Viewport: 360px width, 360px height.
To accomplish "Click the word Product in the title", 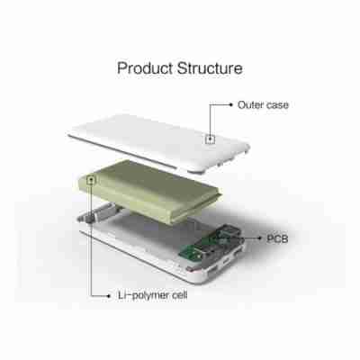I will click(148, 68).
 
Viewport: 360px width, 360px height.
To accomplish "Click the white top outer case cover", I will click(153, 130).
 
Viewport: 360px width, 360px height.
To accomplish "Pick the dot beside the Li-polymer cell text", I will click(112, 294).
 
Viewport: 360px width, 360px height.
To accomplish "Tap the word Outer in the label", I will click(251, 104).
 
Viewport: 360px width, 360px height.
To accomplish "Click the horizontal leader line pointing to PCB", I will click(243, 239).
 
